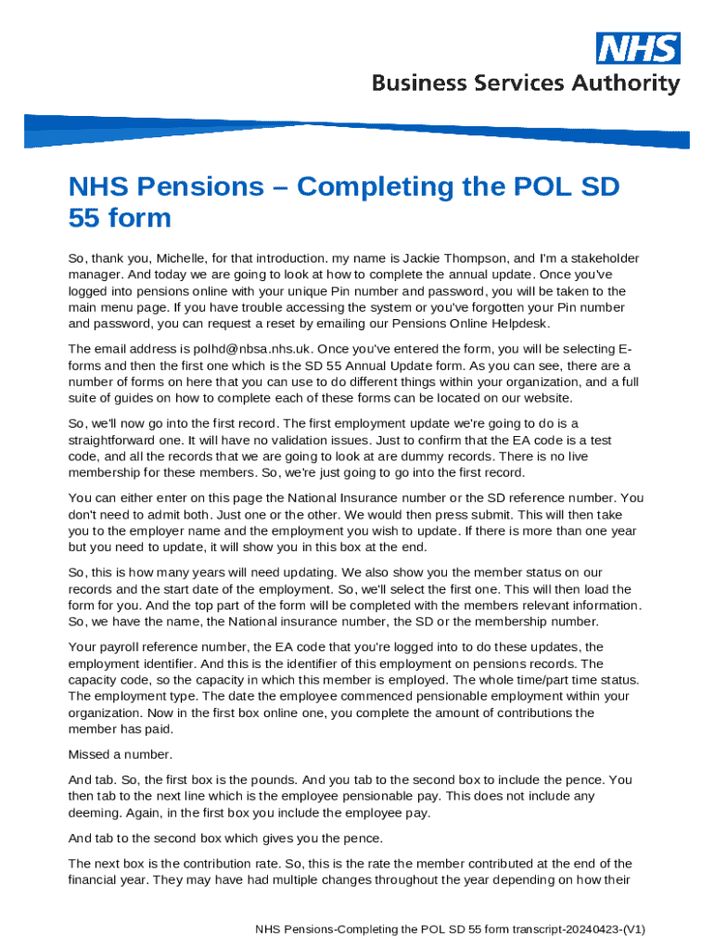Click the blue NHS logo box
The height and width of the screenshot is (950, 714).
[x=638, y=48]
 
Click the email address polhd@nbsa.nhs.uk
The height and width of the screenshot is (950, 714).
[x=237, y=349]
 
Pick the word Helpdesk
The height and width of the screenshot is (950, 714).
[x=523, y=324]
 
